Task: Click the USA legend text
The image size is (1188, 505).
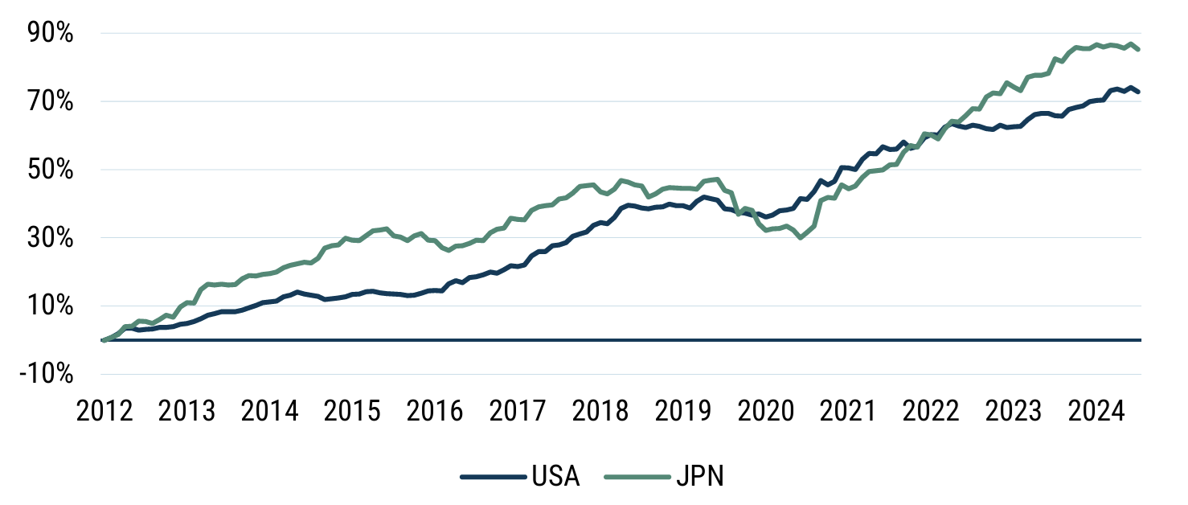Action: point(555,477)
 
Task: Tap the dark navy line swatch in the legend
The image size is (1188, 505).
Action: point(493,477)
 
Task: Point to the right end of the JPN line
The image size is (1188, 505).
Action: point(1138,49)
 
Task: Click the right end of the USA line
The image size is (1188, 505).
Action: point(1138,92)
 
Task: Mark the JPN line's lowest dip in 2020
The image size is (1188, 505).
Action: point(800,237)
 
